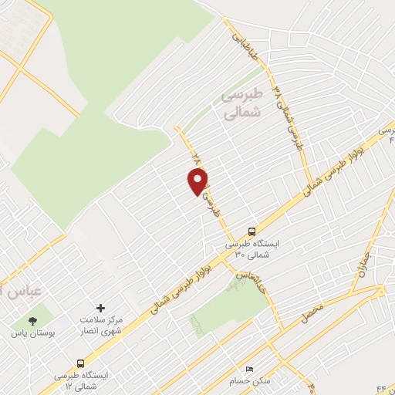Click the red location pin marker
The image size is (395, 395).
pyautogui.click(x=198, y=181)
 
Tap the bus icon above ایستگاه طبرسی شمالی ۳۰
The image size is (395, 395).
pyautogui.click(x=252, y=231)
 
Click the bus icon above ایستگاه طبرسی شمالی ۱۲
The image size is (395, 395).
pyautogui.click(x=80, y=363)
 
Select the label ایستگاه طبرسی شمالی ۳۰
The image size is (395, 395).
pyautogui.click(x=252, y=248)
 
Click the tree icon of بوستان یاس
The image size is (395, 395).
pyautogui.click(x=32, y=321)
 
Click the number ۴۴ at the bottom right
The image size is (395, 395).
pyautogui.click(x=384, y=385)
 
